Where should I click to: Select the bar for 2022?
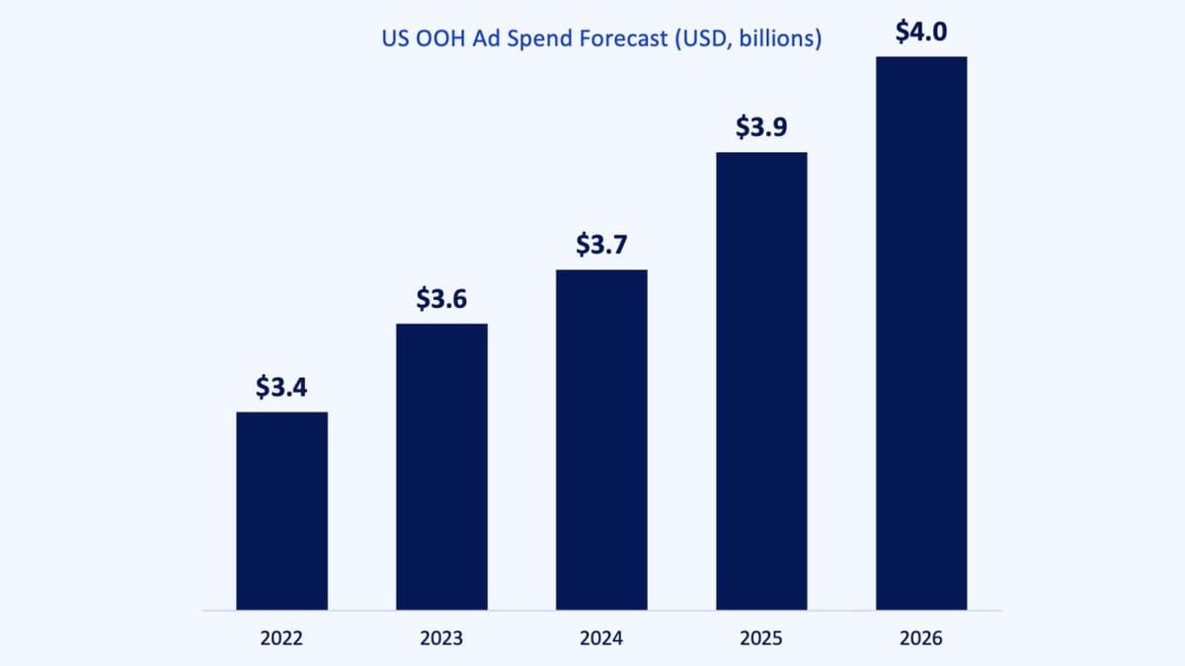281,510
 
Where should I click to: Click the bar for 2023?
441,466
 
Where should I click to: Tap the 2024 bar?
601,439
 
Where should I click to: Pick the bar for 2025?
761,380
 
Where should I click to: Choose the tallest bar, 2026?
921,333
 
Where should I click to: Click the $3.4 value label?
281,387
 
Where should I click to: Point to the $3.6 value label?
441,298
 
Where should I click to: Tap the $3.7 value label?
601,245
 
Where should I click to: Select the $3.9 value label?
761,127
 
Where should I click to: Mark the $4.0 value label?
921,32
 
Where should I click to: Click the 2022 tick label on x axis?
281,638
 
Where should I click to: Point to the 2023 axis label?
441,638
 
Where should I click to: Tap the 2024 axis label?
601,638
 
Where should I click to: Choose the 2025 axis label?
761,638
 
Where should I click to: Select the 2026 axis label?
921,638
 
